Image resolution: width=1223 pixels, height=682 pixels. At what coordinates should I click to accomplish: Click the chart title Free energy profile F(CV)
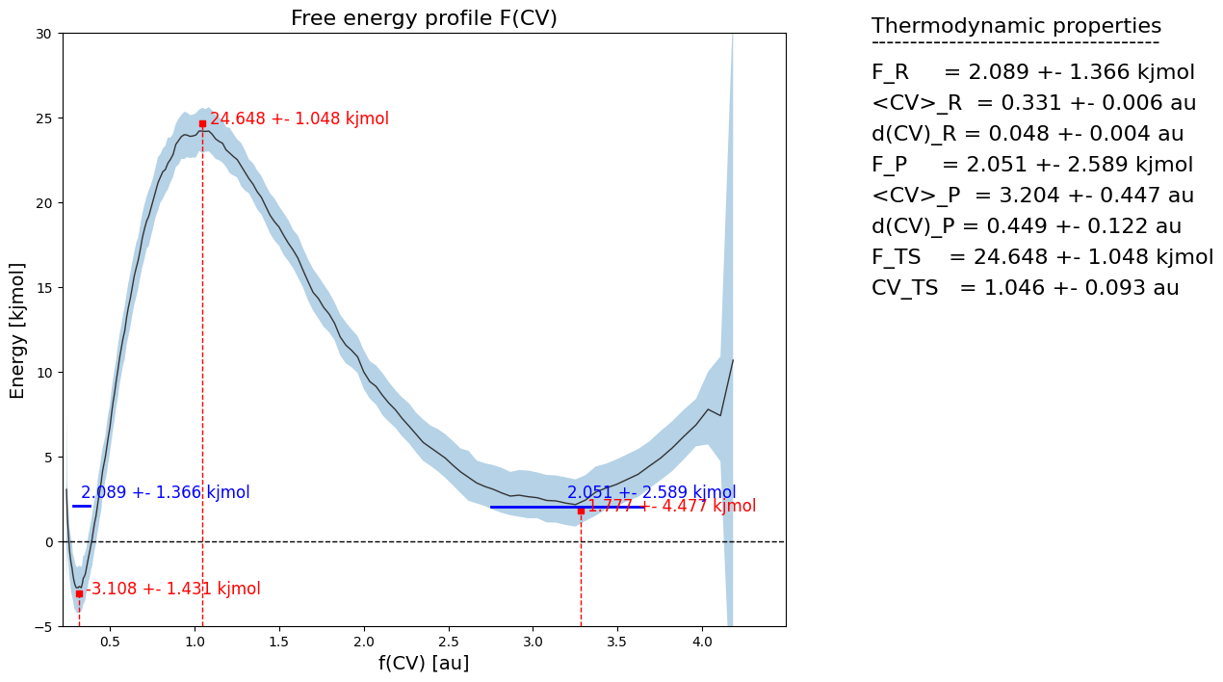424,18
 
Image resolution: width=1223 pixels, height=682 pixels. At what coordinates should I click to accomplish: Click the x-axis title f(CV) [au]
424,663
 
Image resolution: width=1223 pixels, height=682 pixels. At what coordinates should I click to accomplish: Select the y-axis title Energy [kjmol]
17,330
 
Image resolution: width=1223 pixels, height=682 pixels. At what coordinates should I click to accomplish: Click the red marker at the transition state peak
202,123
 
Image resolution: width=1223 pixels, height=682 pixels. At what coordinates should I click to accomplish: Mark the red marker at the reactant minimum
79,593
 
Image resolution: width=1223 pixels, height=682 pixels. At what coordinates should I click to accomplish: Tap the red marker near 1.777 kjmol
581,511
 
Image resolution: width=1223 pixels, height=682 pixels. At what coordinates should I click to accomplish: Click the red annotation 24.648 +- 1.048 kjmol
299,119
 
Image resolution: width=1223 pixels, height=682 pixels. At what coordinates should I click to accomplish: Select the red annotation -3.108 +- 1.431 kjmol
173,590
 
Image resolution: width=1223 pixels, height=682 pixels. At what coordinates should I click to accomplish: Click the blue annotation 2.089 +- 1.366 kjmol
166,493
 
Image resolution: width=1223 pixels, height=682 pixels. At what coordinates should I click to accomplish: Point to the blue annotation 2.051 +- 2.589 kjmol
651,493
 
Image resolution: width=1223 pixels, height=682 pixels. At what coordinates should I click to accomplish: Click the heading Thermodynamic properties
1016,26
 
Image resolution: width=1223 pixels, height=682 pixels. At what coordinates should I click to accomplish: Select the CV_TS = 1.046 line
1025,288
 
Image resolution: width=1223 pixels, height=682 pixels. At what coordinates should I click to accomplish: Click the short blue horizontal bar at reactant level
82,506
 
